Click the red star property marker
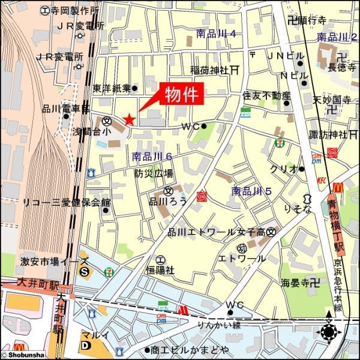pos(128,119)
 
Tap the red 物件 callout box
pos(181,94)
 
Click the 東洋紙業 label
pos(112,88)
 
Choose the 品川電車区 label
pos(61,109)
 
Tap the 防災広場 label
pos(154,173)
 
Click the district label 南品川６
pos(152,157)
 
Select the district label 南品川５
pos(252,191)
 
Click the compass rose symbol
pos(329,331)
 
